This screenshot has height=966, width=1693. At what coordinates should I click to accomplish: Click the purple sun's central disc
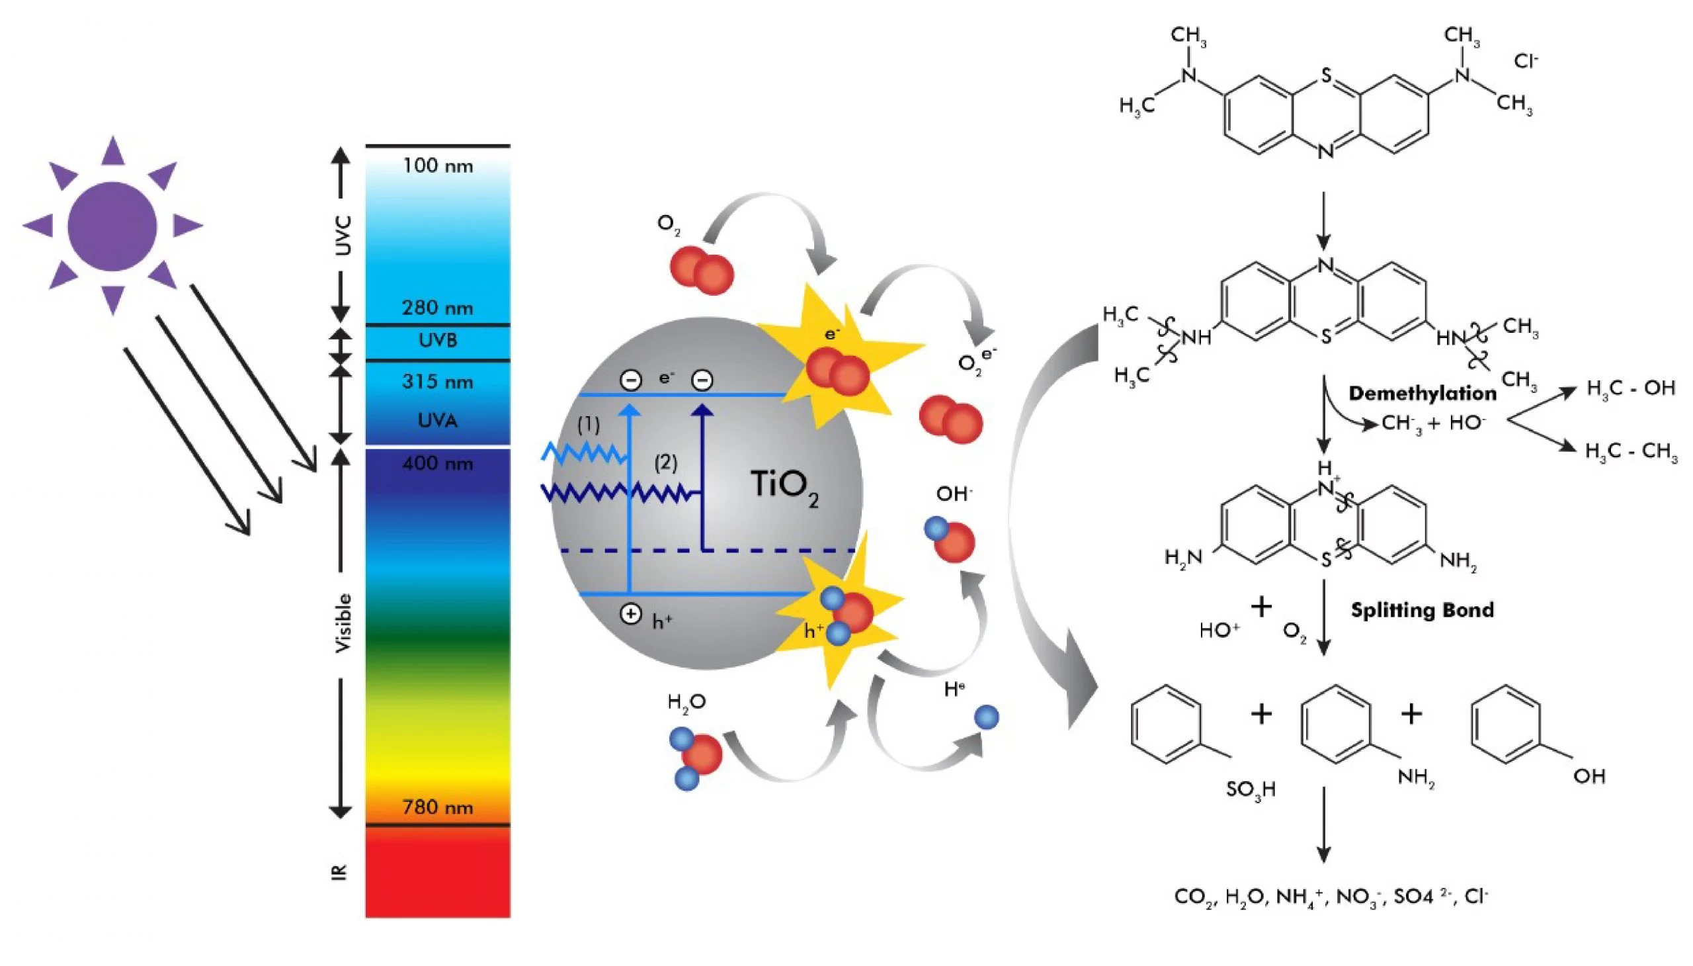(x=112, y=226)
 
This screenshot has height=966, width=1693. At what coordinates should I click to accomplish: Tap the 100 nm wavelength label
(x=438, y=166)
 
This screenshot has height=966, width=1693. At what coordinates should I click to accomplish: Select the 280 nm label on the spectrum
(x=438, y=308)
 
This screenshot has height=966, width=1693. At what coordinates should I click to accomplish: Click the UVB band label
(x=438, y=340)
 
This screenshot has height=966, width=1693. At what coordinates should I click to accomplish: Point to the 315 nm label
(x=438, y=382)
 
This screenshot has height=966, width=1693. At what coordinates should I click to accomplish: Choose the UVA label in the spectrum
(x=438, y=420)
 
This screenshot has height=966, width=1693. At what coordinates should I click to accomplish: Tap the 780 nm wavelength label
(x=438, y=807)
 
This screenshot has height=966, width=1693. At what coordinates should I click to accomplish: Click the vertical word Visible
(x=342, y=623)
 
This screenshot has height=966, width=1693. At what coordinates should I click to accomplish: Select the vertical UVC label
(x=342, y=235)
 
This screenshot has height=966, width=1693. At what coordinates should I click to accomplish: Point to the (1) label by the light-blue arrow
(x=588, y=425)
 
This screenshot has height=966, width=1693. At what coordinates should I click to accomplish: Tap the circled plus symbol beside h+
(x=630, y=615)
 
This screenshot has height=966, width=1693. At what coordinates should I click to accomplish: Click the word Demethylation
(x=1423, y=394)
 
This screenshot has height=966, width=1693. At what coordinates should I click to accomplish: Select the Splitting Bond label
(x=1423, y=611)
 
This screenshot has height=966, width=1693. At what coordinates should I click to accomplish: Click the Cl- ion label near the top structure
(x=1526, y=62)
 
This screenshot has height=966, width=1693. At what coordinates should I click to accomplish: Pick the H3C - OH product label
(x=1631, y=389)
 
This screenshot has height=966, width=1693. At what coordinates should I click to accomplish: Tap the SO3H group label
(x=1251, y=789)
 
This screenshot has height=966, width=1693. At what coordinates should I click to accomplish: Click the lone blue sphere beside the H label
(x=986, y=717)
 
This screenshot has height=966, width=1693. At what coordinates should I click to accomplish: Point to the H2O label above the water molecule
(x=686, y=703)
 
